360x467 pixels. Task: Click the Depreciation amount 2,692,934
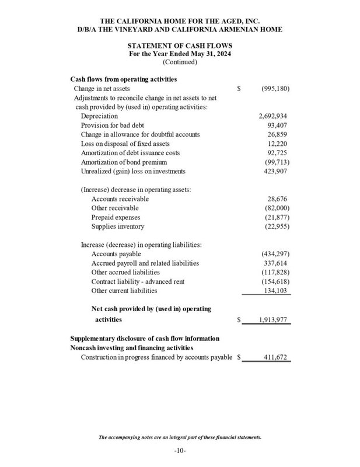tap(272, 116)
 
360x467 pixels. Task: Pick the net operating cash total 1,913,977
tap(270, 320)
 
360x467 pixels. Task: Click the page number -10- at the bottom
tap(180, 451)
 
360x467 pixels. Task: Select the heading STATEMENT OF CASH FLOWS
tap(180, 45)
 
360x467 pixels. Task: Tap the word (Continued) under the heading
tap(180, 62)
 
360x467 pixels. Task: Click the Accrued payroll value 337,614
tap(276, 263)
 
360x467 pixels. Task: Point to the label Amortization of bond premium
tap(124, 162)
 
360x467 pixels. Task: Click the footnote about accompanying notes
tap(180, 437)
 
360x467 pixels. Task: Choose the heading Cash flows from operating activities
tap(124, 79)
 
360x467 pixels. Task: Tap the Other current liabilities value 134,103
tap(276, 290)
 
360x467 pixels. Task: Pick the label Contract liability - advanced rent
tap(138, 281)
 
